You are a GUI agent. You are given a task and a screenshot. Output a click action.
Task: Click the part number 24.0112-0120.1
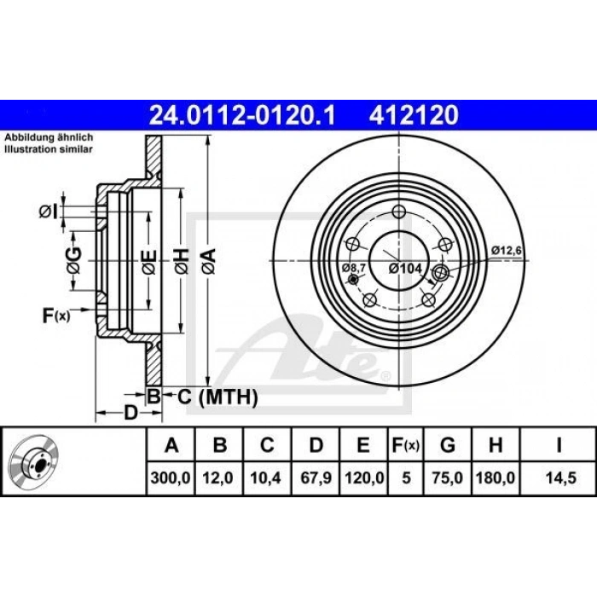tap(243, 113)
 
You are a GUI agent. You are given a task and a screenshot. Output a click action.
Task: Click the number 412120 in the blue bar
tap(413, 113)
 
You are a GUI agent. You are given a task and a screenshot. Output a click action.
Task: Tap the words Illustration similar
tap(50, 148)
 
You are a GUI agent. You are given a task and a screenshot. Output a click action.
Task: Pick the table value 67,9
tap(315, 478)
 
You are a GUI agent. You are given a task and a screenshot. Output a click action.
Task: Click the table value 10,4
tap(267, 478)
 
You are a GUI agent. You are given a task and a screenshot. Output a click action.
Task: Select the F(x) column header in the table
tap(405, 445)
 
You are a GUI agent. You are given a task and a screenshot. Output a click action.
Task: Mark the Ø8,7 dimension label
tap(354, 268)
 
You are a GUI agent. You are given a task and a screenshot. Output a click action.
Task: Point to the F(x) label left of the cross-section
tap(56, 317)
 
